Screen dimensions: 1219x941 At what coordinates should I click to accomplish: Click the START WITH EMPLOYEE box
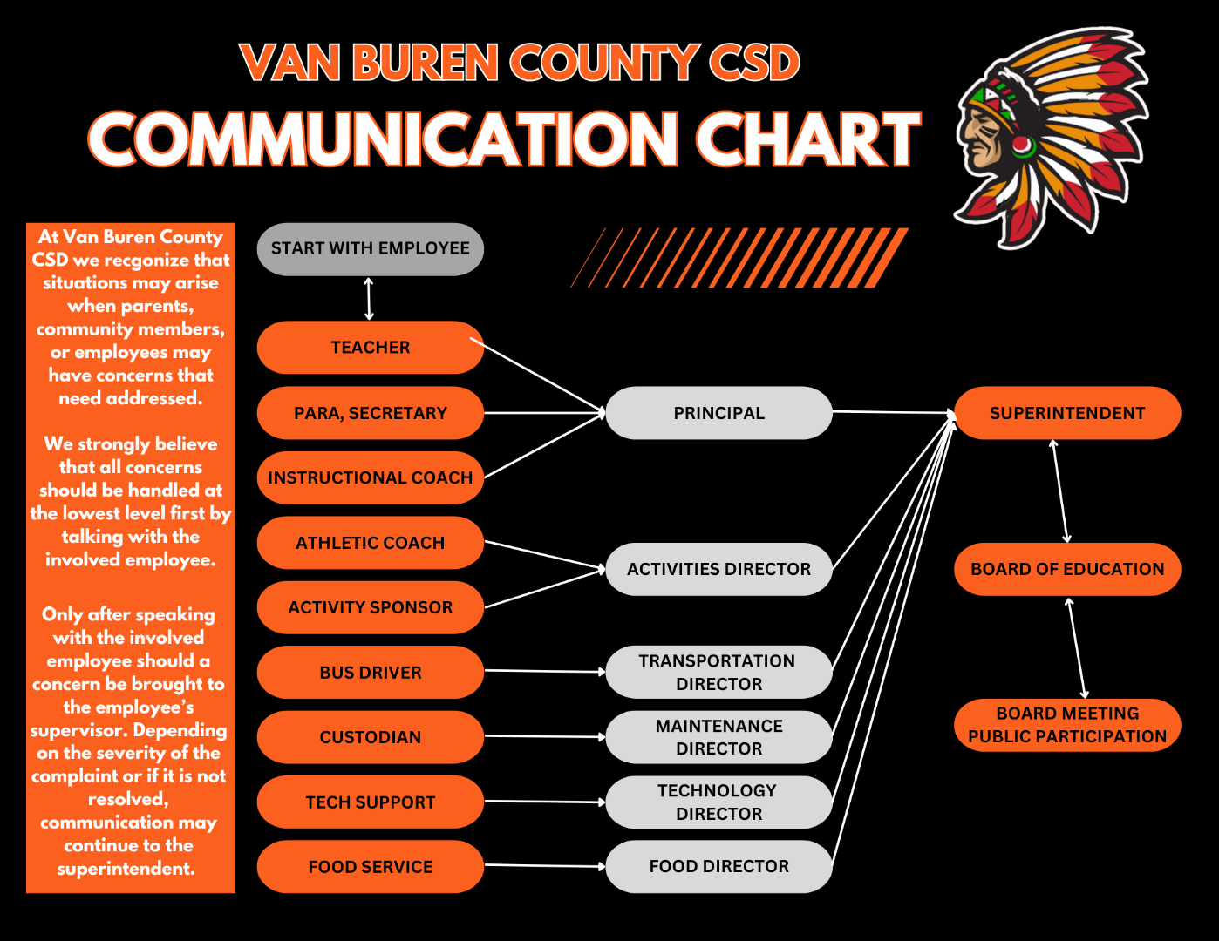tap(371, 249)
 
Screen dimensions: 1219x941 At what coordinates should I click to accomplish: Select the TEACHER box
tap(371, 348)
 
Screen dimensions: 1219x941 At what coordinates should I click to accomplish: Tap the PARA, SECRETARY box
tap(371, 413)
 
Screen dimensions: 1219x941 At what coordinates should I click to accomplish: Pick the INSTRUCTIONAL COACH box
tap(371, 477)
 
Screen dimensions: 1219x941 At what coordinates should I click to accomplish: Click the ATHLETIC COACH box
tap(371, 543)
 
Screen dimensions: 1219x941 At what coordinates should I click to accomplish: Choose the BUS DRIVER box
tap(371, 672)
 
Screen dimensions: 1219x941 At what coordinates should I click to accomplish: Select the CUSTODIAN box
tap(371, 737)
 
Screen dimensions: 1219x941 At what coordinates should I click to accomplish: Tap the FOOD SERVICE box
tap(371, 866)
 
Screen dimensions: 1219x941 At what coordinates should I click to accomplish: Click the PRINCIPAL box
tap(718, 413)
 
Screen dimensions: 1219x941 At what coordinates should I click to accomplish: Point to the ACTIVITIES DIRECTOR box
tap(718, 569)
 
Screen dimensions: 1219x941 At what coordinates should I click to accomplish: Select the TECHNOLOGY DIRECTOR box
tap(718, 802)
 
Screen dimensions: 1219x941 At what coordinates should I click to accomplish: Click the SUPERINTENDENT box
tap(1067, 413)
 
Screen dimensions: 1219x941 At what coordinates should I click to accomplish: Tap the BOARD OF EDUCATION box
tap(1067, 569)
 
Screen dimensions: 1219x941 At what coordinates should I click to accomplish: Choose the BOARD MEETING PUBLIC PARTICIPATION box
tap(1067, 725)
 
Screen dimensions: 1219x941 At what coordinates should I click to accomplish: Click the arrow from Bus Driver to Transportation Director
tap(545, 671)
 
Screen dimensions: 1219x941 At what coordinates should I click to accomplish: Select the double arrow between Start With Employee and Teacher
tap(369, 299)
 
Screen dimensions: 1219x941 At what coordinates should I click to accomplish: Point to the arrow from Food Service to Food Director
tap(545, 866)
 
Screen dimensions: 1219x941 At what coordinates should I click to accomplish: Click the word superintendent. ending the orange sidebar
tap(126, 869)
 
